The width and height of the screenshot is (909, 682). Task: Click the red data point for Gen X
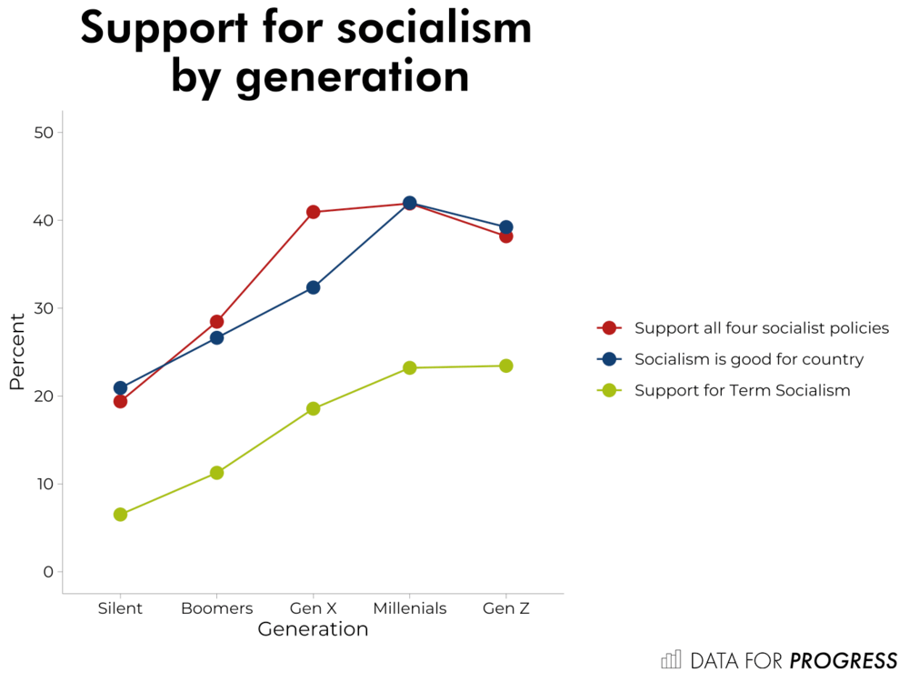(x=313, y=212)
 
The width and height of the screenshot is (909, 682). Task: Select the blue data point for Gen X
(x=313, y=287)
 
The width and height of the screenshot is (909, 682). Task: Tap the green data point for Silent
(x=120, y=515)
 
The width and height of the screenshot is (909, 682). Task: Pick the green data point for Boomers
(x=216, y=473)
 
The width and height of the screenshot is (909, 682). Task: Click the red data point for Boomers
(x=216, y=322)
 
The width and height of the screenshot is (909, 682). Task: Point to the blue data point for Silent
(x=120, y=387)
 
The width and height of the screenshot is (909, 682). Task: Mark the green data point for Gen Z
(x=505, y=366)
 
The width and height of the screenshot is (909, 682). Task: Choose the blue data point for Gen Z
(x=505, y=227)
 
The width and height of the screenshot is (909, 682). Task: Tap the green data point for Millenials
(x=409, y=368)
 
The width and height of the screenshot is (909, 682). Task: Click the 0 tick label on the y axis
(x=48, y=572)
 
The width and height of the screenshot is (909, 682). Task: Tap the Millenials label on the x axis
(x=409, y=608)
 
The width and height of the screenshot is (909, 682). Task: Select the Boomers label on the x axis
(x=216, y=608)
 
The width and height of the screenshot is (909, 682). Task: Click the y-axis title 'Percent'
(x=17, y=352)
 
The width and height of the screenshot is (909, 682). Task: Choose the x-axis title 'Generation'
(x=313, y=629)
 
